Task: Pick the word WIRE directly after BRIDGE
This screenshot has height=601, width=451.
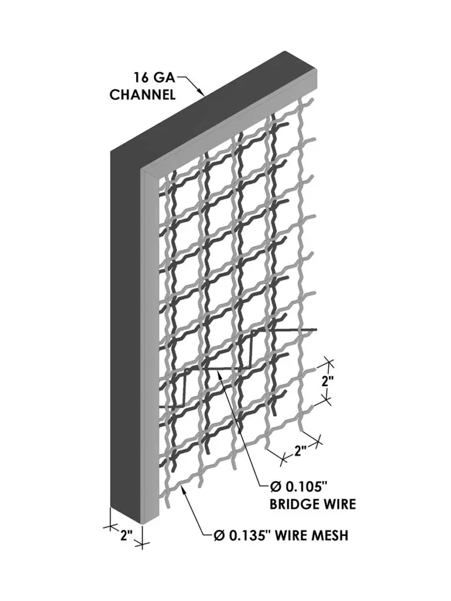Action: pyautogui.click(x=342, y=504)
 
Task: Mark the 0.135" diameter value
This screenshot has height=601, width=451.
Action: pyautogui.click(x=245, y=535)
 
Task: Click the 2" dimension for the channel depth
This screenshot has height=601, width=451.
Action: pyautogui.click(x=125, y=535)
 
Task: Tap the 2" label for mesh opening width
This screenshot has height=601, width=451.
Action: pyautogui.click(x=301, y=451)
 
